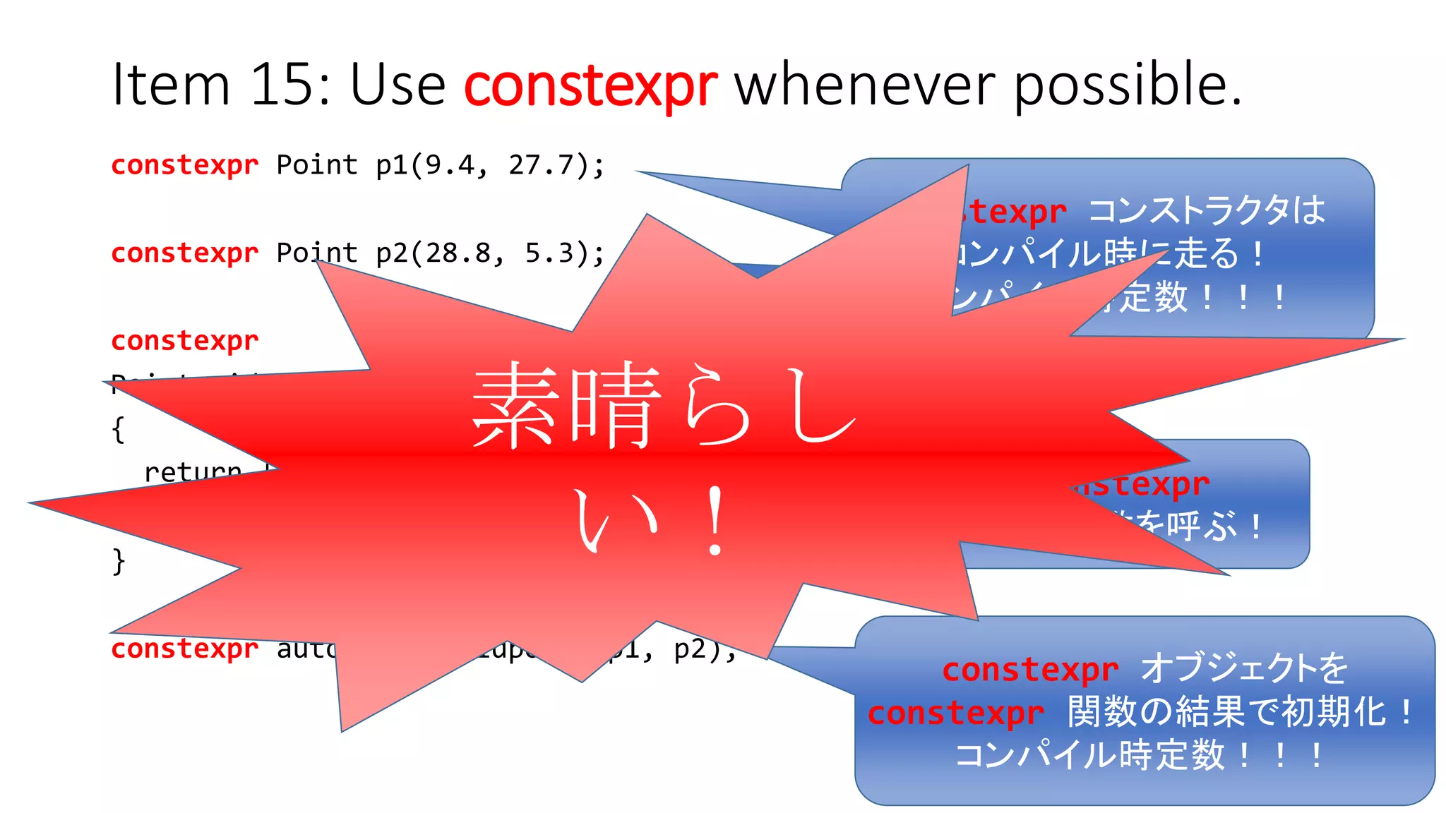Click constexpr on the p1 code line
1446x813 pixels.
click(x=185, y=166)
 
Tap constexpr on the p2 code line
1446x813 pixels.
click(x=185, y=253)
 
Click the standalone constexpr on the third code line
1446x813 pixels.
click(x=185, y=341)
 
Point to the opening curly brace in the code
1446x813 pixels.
click(x=118, y=429)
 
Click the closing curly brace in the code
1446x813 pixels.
click(x=119, y=561)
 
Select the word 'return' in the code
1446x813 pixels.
click(x=192, y=471)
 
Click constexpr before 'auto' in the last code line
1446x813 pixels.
click(x=185, y=649)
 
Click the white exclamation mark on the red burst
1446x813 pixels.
click(x=715, y=521)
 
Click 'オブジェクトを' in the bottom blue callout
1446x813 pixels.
click(x=1244, y=668)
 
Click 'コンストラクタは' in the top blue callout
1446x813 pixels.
click(x=1207, y=210)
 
